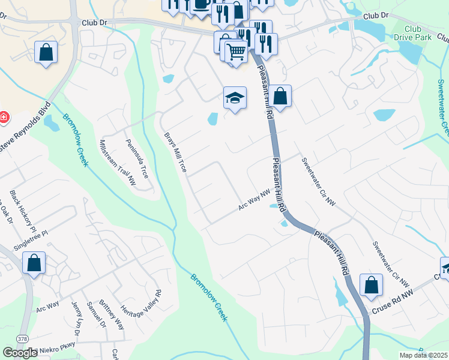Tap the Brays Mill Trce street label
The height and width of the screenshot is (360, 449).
click(175, 152)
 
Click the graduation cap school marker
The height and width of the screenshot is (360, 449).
click(235, 98)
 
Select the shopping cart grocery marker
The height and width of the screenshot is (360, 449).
click(236, 53)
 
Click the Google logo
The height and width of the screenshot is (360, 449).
click(20, 353)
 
